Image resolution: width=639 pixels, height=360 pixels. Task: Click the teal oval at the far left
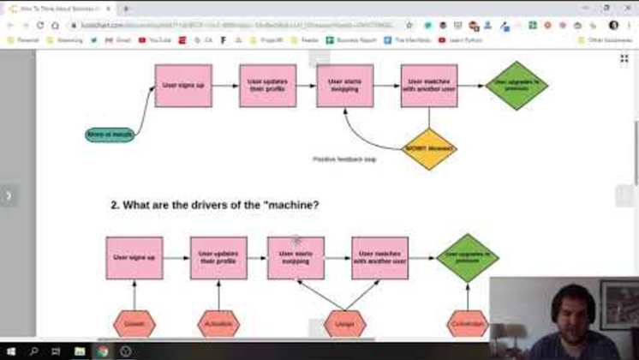[110, 135]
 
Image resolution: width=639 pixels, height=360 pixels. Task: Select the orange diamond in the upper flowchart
[429, 149]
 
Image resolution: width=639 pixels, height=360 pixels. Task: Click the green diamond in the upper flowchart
[517, 86]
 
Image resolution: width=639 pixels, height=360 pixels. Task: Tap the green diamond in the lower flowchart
[467, 258]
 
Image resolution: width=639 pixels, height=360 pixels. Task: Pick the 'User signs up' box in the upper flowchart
[183, 86]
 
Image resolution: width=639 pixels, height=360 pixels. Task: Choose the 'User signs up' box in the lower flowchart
[134, 258]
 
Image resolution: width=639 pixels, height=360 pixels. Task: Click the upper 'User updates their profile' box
[267, 86]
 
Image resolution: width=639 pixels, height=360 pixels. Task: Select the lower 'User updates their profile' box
[218, 258]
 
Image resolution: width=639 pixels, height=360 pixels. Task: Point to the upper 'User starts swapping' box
[344, 86]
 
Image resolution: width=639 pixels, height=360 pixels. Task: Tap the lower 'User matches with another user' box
[379, 258]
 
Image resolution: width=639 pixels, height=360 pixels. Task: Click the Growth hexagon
[134, 323]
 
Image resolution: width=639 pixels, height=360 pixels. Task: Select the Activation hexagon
[218, 323]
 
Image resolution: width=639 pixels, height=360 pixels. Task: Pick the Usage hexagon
[345, 323]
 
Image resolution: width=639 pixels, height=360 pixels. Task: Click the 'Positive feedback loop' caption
[344, 159]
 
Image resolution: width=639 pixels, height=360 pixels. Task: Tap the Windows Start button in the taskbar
[10, 351]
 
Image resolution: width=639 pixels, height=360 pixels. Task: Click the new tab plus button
[127, 9]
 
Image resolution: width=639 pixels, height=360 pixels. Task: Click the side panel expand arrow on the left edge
[9, 195]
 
